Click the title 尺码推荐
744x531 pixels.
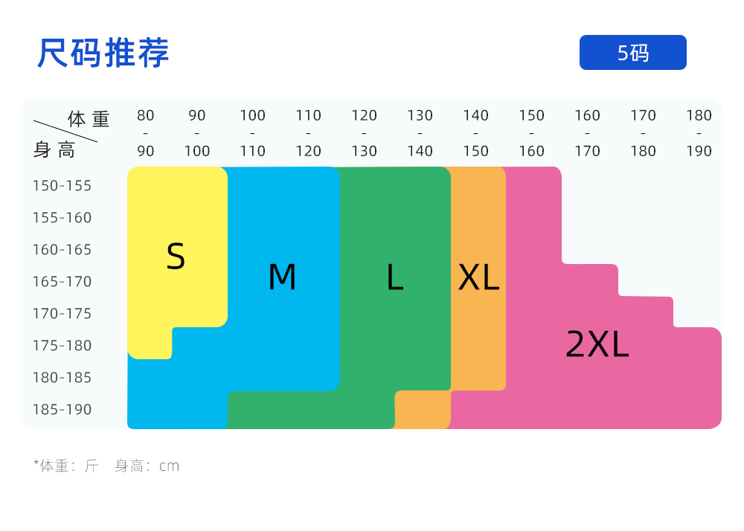(103, 53)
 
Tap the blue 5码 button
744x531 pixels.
(632, 53)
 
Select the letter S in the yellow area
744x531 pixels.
(176, 257)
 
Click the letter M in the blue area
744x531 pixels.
(282, 277)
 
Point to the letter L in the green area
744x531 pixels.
(394, 277)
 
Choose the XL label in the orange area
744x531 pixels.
(478, 277)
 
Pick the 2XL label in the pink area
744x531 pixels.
(597, 344)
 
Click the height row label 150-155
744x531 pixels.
(62, 186)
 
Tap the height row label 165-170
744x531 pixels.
(62, 282)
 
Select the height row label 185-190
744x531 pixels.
(62, 410)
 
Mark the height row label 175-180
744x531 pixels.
(62, 346)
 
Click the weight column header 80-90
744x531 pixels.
(146, 133)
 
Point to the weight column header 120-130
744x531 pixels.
(364, 133)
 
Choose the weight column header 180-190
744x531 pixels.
(699, 133)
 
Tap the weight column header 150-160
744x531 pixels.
(531, 133)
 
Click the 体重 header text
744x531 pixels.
(89, 119)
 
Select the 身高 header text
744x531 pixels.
(54, 150)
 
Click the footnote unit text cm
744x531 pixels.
(170, 466)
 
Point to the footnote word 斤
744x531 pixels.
(92, 466)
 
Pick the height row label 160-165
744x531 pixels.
(62, 250)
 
